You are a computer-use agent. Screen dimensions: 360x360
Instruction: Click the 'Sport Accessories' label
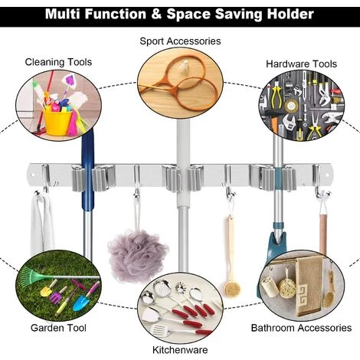click(180, 41)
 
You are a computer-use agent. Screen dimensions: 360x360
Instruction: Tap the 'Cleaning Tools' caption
click(58, 62)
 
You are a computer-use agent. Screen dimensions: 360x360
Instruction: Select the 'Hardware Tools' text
click(302, 64)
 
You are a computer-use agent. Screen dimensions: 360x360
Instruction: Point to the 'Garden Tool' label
click(58, 328)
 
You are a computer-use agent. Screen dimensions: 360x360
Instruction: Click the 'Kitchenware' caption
click(180, 350)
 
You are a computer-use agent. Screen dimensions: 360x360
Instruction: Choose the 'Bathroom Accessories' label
click(301, 328)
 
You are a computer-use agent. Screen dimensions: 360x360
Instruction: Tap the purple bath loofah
click(137, 256)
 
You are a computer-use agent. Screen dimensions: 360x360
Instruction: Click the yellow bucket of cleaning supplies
click(57, 122)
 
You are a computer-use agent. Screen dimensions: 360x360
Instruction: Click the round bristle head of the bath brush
click(232, 288)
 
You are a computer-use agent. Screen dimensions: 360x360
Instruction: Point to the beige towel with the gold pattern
click(309, 286)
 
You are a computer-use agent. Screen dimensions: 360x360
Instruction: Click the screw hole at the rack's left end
click(33, 175)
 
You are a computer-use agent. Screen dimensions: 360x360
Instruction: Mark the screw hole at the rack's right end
click(327, 175)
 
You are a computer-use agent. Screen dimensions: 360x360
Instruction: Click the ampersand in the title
click(156, 14)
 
